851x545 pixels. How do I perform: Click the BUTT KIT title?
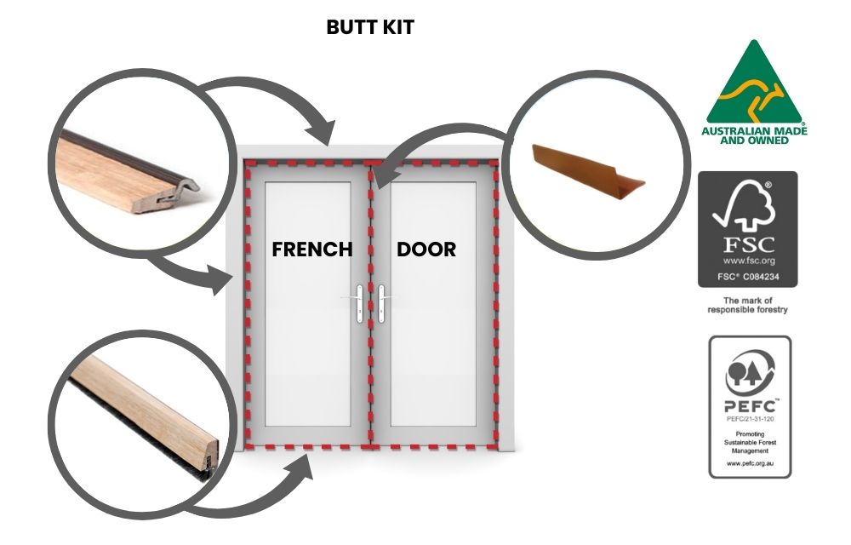pos(370,27)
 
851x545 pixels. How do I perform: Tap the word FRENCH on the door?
pos(312,250)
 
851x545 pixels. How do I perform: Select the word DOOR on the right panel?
pos(426,250)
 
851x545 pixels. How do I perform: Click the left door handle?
pos(359,304)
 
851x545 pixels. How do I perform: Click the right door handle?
pos(381,304)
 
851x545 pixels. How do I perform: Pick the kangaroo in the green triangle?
pos(753,97)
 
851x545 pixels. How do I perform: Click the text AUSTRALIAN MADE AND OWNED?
pos(754,135)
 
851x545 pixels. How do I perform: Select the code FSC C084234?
pos(748,277)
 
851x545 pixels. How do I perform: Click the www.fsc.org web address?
pos(748,261)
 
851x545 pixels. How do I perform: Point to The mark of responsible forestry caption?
pos(747,305)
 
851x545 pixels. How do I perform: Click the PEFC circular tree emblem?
pos(750,371)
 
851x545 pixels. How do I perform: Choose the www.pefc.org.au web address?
pos(750,463)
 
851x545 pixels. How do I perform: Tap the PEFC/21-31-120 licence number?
pos(750,419)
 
